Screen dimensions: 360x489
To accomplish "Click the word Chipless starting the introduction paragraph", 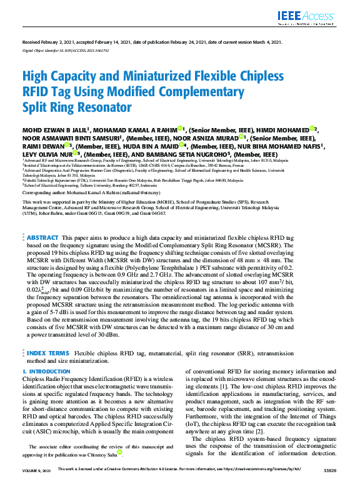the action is tap(34, 380).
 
